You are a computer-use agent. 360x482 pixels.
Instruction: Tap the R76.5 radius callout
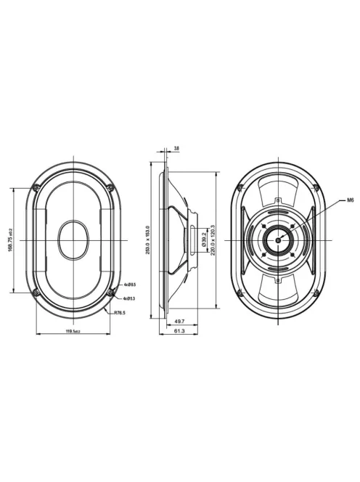[119, 313]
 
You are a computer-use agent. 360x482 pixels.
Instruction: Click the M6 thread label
[349, 199]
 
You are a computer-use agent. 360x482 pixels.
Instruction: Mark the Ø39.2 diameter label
[204, 240]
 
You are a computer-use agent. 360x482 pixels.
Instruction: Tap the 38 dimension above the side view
[176, 148]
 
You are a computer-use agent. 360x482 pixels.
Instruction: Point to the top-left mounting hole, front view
[35, 188]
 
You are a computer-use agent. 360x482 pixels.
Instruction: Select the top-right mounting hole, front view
[110, 188]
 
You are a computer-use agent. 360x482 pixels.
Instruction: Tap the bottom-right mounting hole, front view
[110, 292]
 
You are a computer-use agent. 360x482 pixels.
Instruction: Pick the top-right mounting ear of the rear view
[315, 190]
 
